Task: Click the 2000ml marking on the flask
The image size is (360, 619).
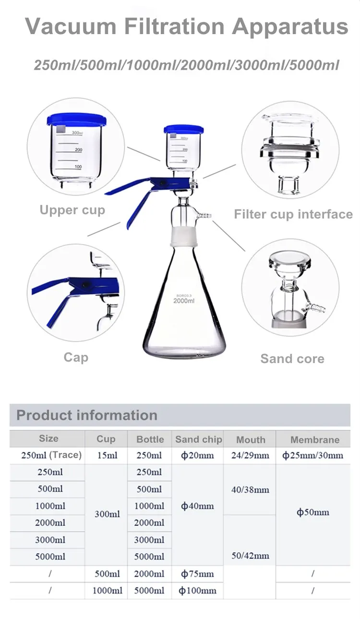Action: (184, 301)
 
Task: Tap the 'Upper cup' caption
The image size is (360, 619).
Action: (72, 210)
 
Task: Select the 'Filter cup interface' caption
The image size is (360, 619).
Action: (293, 214)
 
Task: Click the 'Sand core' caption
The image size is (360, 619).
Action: (292, 359)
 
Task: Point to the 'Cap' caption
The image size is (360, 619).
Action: (76, 357)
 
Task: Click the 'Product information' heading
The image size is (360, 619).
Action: (87, 415)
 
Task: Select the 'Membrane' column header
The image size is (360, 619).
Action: (314, 439)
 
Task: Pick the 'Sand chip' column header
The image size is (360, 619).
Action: (198, 439)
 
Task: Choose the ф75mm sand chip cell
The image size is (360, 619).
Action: (197, 574)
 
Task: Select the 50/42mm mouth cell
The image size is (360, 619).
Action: (251, 556)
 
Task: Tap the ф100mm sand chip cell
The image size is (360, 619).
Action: (197, 591)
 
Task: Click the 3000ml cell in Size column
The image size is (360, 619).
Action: (50, 540)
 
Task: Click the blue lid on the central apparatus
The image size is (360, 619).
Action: (184, 129)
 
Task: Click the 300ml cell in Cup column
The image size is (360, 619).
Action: (107, 514)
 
